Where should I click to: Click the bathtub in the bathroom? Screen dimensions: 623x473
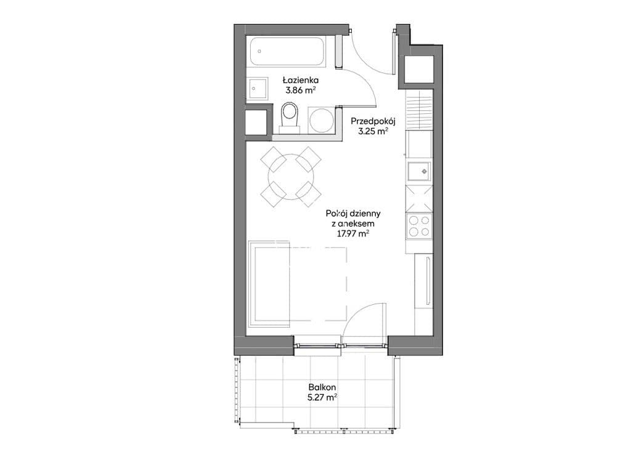[x=288, y=52]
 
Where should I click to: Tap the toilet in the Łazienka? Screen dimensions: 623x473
[x=289, y=117]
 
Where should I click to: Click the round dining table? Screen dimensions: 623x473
[x=291, y=176]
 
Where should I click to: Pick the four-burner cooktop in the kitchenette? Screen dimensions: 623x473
[x=419, y=227]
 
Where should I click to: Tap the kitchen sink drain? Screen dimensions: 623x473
[x=425, y=171]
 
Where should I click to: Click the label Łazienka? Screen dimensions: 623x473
[x=300, y=80]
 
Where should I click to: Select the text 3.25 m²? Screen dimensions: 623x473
[x=373, y=132]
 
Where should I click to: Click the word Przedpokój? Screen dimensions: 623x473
[x=373, y=121]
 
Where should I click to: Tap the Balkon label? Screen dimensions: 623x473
[x=322, y=387]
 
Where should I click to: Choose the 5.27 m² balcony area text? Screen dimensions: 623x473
[x=322, y=397]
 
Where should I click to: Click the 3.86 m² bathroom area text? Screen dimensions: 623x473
[x=300, y=90]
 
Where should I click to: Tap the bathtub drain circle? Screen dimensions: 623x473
[x=259, y=51]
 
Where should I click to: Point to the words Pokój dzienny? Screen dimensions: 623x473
[x=353, y=214]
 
